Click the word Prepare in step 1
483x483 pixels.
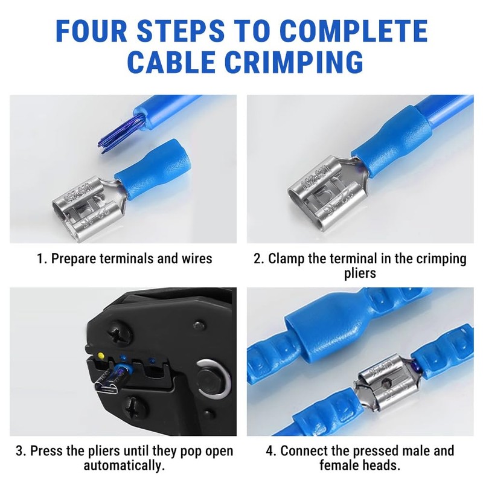click(x=72, y=259)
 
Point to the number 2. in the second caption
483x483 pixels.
click(x=258, y=259)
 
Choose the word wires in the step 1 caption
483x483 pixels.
click(x=195, y=259)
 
